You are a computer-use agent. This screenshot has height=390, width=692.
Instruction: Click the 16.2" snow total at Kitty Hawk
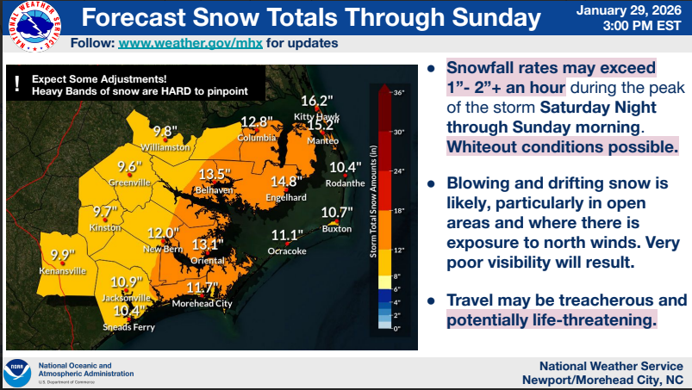[316, 101]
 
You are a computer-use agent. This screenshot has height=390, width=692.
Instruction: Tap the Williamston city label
[165, 147]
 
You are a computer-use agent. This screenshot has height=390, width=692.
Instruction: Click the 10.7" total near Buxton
[337, 213]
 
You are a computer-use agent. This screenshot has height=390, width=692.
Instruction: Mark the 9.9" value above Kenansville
[63, 255]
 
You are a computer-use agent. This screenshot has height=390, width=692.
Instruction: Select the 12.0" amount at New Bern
[162, 233]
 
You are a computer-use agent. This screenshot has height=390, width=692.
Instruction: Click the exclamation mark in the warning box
[17, 84]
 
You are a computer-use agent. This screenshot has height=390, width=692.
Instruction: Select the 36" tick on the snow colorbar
[399, 92]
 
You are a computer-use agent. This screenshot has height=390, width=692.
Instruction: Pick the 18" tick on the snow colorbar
[399, 209]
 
